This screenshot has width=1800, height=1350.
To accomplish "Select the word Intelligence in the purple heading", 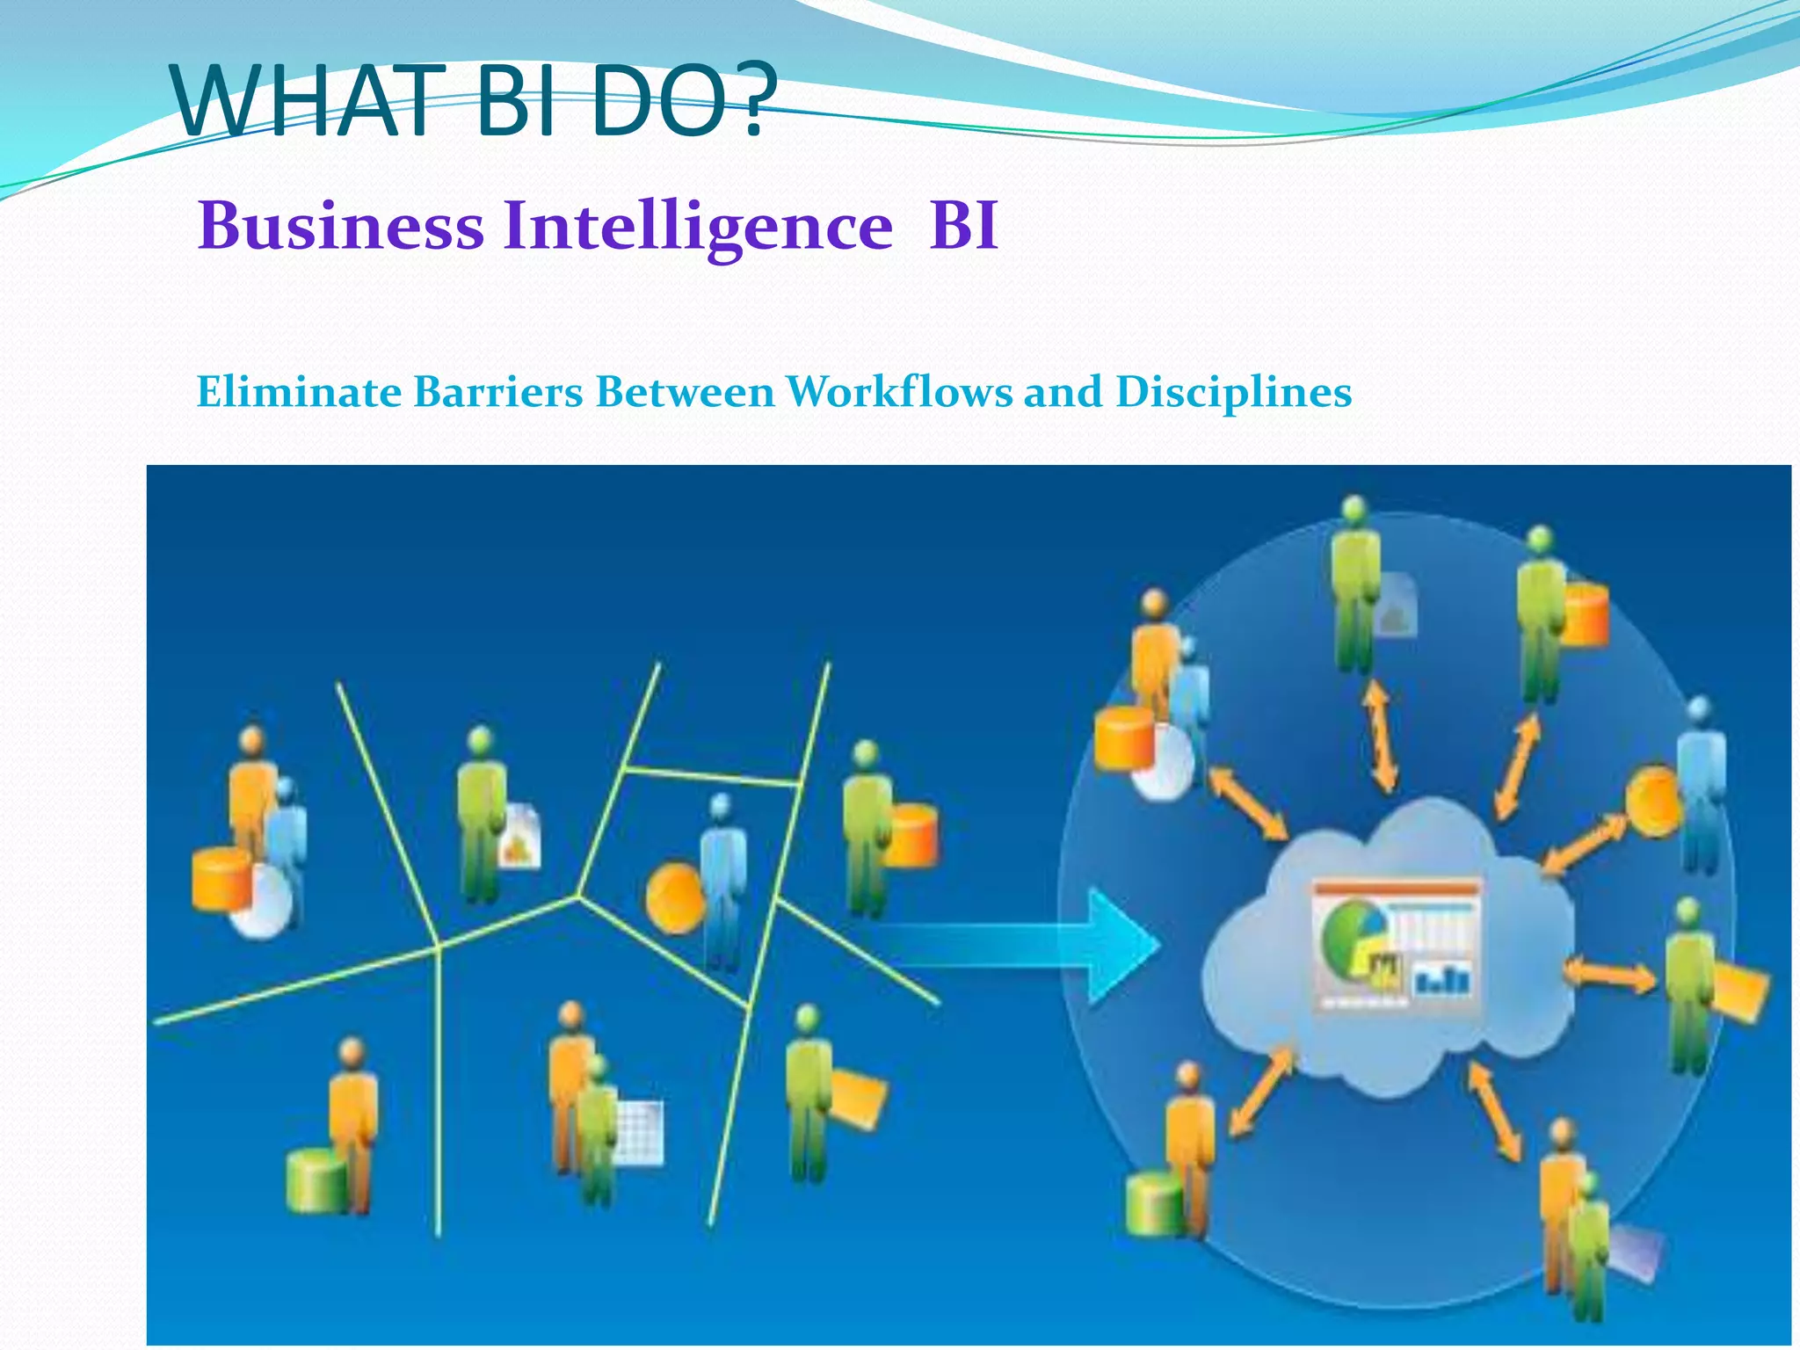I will [698, 226].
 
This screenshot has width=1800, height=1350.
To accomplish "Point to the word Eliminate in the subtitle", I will [299, 391].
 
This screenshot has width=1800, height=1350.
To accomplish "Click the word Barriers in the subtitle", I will [498, 391].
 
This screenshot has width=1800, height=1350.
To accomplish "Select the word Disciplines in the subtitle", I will [1234, 391].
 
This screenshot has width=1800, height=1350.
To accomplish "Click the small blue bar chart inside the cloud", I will [1442, 978].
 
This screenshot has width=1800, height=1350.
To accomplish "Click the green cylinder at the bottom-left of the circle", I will [1154, 1203].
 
